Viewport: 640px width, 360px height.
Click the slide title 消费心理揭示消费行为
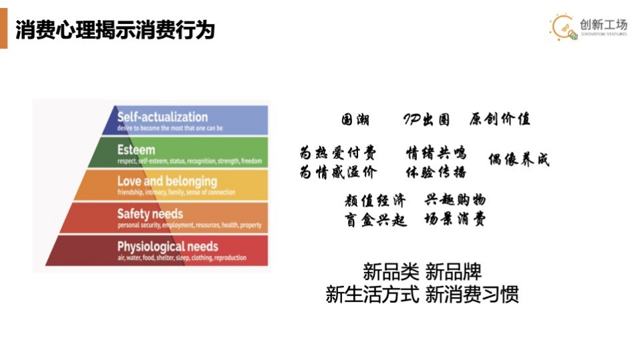[115, 29]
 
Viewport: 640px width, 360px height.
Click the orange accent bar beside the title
[3, 29]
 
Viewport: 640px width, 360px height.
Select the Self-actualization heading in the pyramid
[162, 117]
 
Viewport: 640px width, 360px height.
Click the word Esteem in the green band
[136, 149]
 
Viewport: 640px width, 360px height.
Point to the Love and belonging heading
[167, 181]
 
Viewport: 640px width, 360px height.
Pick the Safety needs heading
[150, 214]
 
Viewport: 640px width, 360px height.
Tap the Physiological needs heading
[168, 246]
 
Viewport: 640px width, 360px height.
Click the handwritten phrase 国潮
[355, 120]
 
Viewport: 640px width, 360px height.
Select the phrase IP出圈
[426, 120]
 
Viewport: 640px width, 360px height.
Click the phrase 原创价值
[500, 120]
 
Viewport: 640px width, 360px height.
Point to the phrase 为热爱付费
[338, 153]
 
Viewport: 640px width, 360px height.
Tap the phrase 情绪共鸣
[436, 153]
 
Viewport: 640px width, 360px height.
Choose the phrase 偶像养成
[518, 160]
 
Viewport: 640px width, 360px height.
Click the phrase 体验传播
[436, 172]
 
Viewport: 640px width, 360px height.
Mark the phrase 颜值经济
[375, 200]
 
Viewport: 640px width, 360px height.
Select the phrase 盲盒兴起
[375, 220]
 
